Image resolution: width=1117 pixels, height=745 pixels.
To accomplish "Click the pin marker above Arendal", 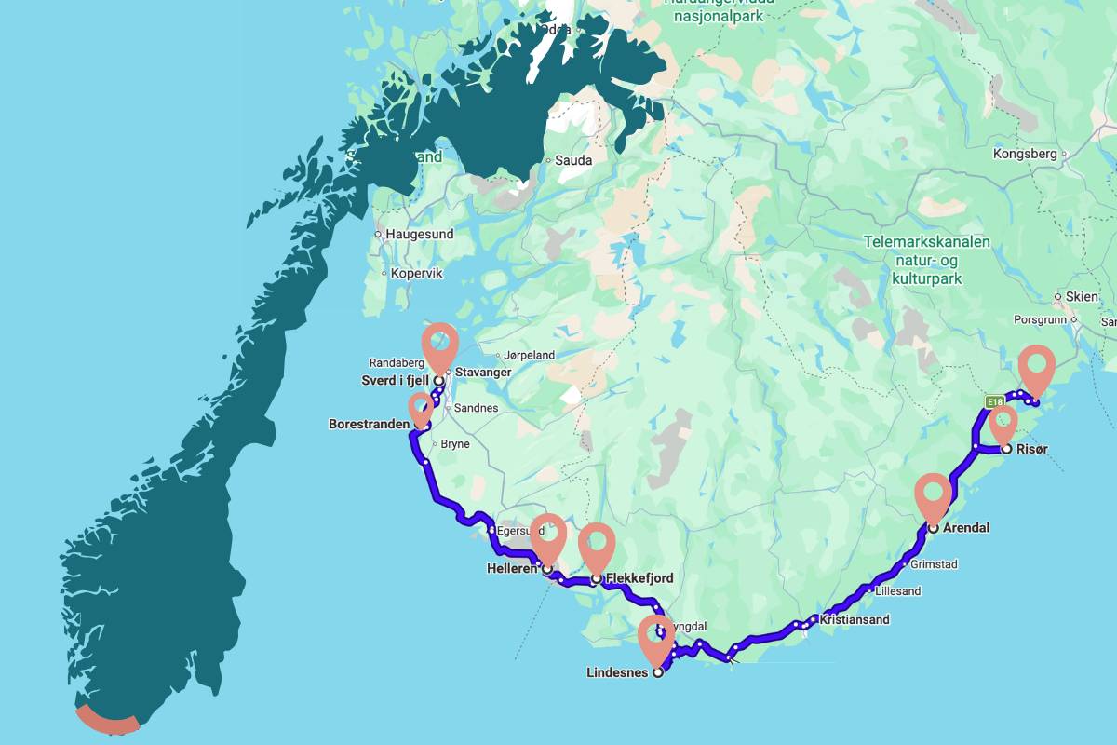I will [x=933, y=494].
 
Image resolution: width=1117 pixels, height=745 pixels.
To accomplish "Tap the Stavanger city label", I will [x=483, y=372].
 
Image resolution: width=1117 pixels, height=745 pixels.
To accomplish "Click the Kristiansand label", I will [x=855, y=619].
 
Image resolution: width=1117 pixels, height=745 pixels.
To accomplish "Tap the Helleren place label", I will [x=512, y=568].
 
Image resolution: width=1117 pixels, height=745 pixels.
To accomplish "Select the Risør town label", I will [x=1032, y=449].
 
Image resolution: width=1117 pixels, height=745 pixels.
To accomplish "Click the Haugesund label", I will [x=420, y=235].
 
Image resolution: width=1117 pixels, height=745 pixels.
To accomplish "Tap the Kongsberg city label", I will [x=1025, y=154].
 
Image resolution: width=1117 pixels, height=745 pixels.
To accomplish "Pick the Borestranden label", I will [x=369, y=424].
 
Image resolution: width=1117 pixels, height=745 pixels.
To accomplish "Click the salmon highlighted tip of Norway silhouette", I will [x=107, y=722].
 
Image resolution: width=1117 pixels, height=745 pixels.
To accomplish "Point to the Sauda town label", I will [x=573, y=160].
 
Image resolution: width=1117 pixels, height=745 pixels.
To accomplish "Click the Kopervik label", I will [x=417, y=274].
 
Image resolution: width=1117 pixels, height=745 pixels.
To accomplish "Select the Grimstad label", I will [x=934, y=564].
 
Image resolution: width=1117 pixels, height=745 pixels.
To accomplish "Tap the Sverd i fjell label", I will [x=396, y=380].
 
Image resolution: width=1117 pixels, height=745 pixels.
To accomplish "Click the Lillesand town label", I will [x=897, y=591].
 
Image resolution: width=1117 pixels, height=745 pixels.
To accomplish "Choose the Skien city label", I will [x=1082, y=296].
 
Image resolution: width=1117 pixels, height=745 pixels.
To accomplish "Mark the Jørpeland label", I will [x=529, y=355].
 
